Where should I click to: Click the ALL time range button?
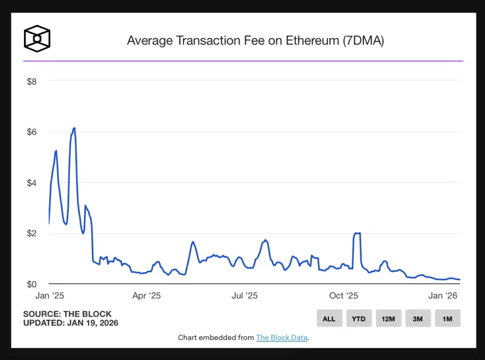pyautogui.click(x=329, y=319)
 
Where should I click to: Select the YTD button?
pyautogui.click(x=359, y=319)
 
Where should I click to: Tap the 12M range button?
pyautogui.click(x=388, y=319)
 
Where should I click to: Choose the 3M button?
pyautogui.click(x=418, y=319)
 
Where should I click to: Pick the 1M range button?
pyautogui.click(x=447, y=319)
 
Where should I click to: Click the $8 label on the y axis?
pyautogui.click(x=32, y=81)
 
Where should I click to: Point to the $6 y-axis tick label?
pyautogui.click(x=32, y=132)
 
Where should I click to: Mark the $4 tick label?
pyautogui.click(x=32, y=183)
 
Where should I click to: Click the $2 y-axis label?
pyautogui.click(x=32, y=233)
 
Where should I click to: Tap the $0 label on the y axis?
pyautogui.click(x=32, y=284)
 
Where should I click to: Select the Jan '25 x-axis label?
pyautogui.click(x=50, y=296)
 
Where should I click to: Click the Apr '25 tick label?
pyautogui.click(x=147, y=296)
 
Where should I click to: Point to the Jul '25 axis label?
pyautogui.click(x=245, y=296)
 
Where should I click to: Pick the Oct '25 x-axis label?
pyautogui.click(x=344, y=296)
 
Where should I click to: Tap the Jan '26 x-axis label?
pyautogui.click(x=443, y=296)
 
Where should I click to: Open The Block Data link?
pyautogui.click(x=281, y=338)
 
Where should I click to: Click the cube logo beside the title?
pyautogui.click(x=37, y=38)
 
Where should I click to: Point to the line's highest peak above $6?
pyautogui.click(x=74, y=128)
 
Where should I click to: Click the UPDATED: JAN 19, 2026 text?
pyautogui.click(x=71, y=323)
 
